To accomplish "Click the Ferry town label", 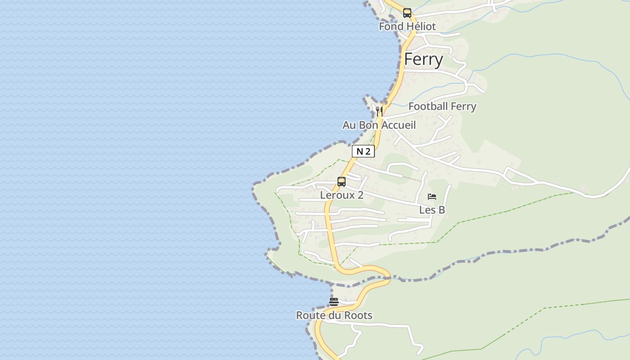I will coord(423,59).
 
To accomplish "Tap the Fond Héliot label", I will coord(407,27).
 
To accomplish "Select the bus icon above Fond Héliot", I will coord(407,13).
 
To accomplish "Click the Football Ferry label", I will coord(442,107).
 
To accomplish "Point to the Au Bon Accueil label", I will coord(379,125).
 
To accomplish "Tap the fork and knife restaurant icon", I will coord(379,111).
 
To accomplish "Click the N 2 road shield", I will coord(363,152).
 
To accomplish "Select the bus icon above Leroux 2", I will coord(342,182).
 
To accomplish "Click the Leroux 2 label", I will coord(342,195).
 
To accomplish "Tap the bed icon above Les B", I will coord(432,197).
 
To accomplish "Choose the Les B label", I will coord(432,210).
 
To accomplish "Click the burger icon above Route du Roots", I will coord(334,302).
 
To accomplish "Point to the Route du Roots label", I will coord(334,315).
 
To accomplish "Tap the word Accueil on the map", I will coord(398,125).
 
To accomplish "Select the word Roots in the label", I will coord(359,315).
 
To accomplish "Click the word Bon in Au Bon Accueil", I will coord(369,125).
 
